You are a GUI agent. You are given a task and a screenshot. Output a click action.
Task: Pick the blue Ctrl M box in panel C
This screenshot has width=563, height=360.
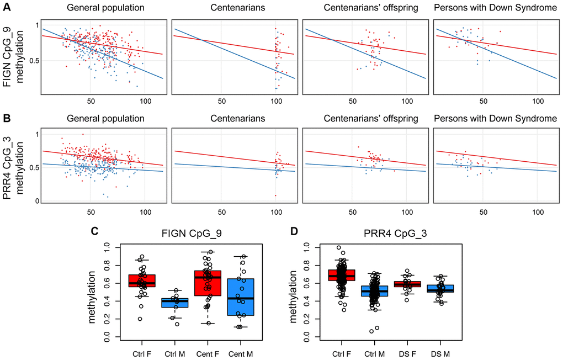click(178, 303)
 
